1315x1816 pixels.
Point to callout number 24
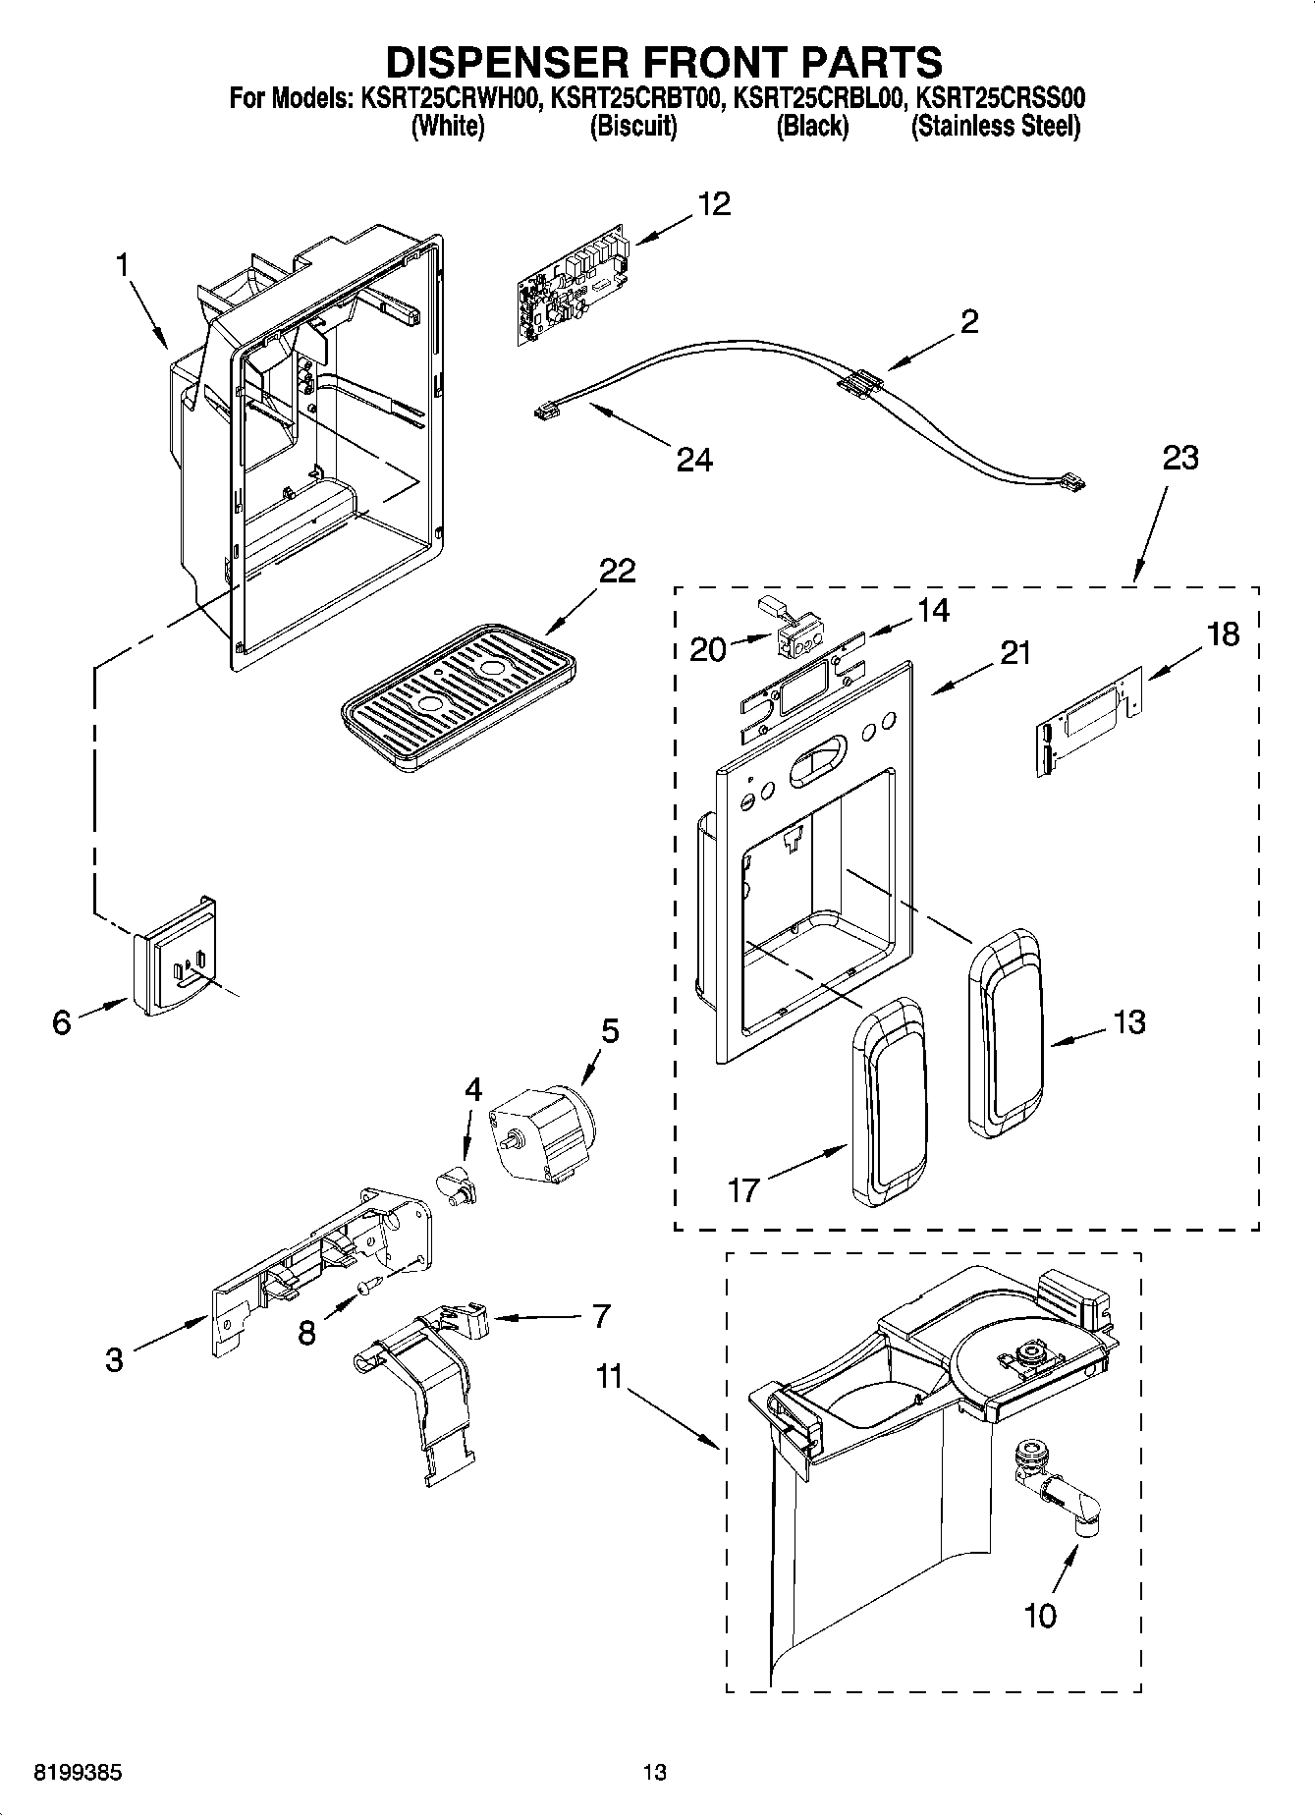(694, 459)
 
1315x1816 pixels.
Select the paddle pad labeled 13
(1005, 1032)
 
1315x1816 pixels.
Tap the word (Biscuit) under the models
(633, 127)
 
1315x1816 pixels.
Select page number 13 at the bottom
(655, 1773)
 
